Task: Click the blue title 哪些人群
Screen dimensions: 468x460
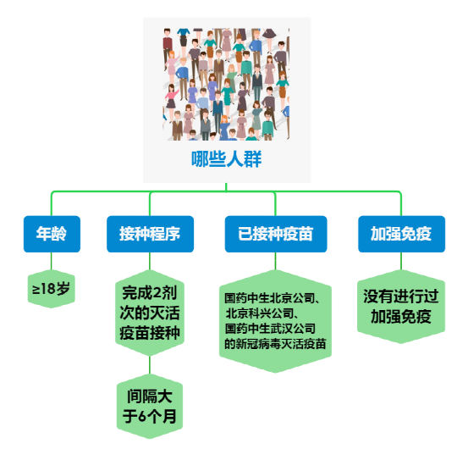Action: coord(226,159)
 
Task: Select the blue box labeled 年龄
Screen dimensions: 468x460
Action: coord(52,234)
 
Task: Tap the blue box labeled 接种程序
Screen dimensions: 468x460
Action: coord(150,234)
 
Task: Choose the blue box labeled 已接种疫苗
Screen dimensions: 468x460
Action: coord(276,234)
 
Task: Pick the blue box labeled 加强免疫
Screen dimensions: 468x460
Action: coord(401,234)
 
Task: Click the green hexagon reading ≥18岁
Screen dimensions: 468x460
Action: coord(52,289)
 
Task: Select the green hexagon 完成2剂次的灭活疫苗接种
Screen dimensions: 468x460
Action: coord(150,313)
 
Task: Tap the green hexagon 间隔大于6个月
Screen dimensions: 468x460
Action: coord(150,407)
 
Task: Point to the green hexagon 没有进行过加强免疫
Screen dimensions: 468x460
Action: coord(401,307)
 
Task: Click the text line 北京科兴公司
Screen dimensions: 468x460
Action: coord(262,313)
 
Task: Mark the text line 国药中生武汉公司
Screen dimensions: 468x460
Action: coord(270,329)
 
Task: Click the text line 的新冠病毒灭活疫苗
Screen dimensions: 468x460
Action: coord(275,344)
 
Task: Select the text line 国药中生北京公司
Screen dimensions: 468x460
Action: coord(272,298)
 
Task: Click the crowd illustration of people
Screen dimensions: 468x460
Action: coord(226,84)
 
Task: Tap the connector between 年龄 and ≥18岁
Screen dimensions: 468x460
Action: coord(52,261)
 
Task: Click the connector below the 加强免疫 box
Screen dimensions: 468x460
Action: coord(401,261)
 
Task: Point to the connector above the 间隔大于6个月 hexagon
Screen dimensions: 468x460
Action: coord(150,365)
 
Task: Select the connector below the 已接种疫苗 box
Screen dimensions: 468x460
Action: coord(276,261)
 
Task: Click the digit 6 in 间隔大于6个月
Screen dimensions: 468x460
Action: coord(143,416)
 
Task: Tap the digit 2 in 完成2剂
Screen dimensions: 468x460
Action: coord(157,293)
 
